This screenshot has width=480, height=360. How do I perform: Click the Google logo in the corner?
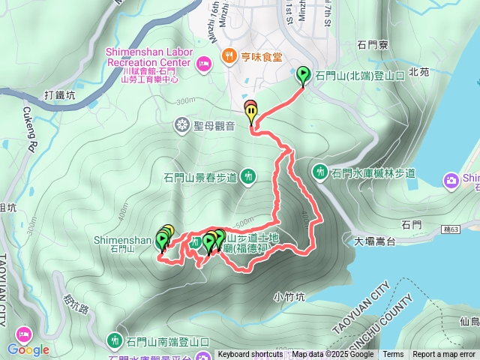click(x=28, y=349)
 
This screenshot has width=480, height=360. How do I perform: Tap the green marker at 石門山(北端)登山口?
click(x=303, y=75)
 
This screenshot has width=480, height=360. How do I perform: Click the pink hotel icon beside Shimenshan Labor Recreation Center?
click(x=203, y=66)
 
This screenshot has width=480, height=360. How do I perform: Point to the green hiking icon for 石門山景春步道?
click(x=250, y=177)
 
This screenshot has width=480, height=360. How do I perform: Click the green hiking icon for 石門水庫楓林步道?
click(x=321, y=172)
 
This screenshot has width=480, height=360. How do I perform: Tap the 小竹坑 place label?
click(x=289, y=296)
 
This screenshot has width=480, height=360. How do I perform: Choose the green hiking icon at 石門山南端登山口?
click(x=115, y=341)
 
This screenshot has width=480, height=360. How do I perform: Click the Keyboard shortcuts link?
click(x=250, y=354)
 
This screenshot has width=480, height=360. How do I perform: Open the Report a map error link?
click(x=444, y=354)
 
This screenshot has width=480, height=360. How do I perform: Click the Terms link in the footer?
click(x=393, y=354)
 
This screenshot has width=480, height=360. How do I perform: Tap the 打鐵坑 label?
click(x=59, y=95)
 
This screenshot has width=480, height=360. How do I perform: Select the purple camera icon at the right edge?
click(x=451, y=179)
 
